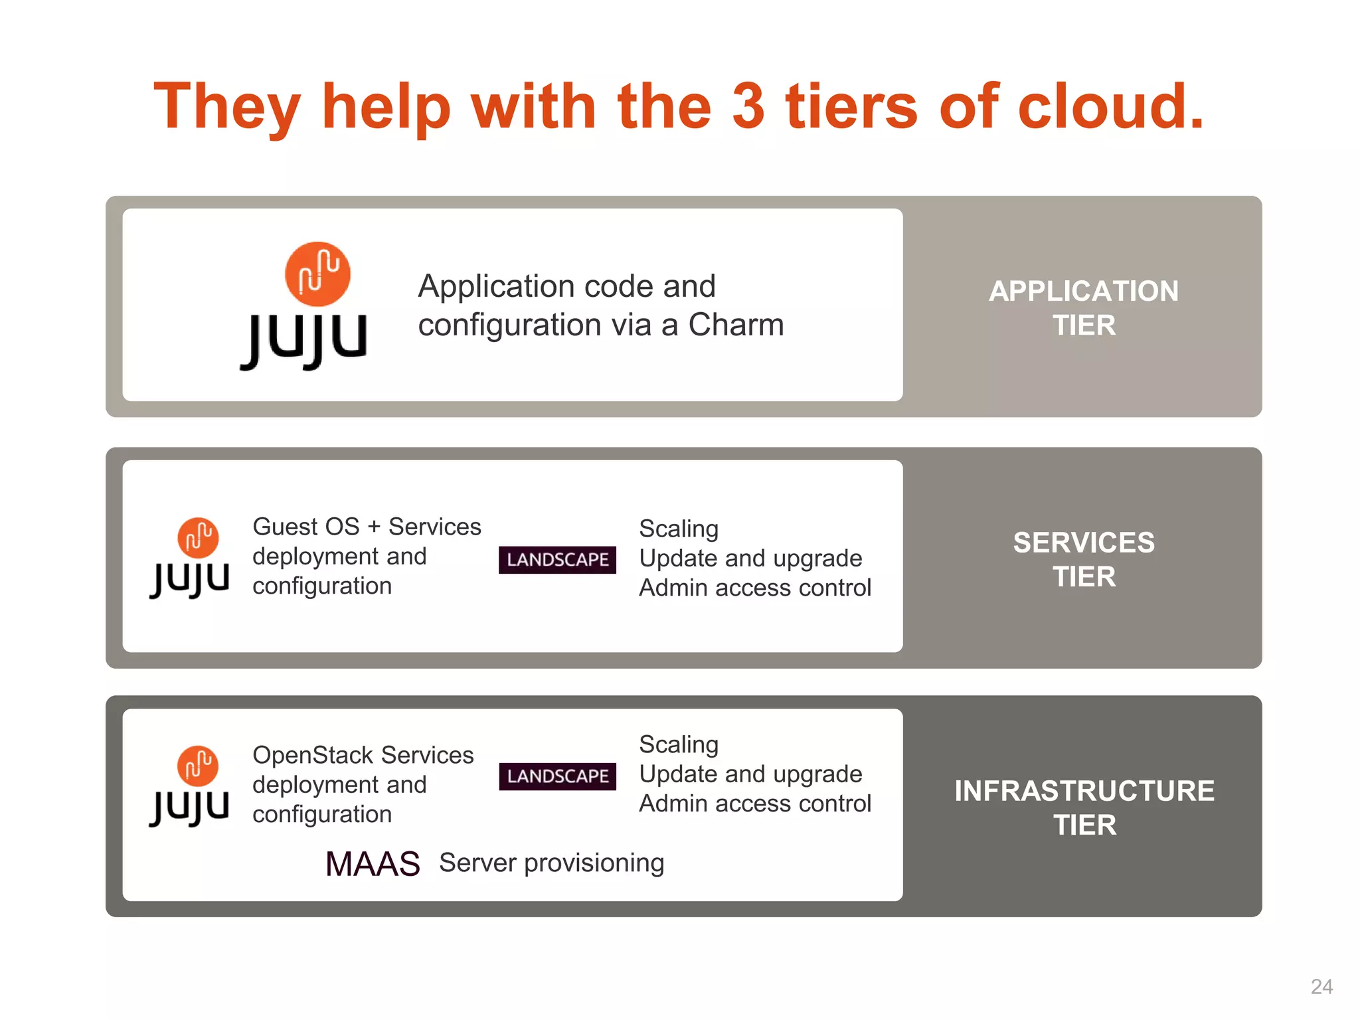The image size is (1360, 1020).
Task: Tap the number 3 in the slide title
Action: (748, 106)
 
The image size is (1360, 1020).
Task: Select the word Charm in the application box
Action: (736, 325)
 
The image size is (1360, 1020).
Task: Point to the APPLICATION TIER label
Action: (1084, 308)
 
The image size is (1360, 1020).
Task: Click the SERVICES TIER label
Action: (1084, 559)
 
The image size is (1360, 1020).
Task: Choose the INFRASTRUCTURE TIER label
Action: (1084, 807)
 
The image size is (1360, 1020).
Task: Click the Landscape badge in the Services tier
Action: (557, 560)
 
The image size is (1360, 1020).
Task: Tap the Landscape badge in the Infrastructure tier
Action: (557, 776)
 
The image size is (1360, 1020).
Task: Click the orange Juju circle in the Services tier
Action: (198, 537)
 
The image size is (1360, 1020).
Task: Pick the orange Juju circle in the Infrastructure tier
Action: (198, 766)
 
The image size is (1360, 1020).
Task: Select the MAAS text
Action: (373, 864)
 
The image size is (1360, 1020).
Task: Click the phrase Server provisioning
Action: (551, 863)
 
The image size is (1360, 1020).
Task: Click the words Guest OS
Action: (306, 527)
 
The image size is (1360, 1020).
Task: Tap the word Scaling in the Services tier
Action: (679, 529)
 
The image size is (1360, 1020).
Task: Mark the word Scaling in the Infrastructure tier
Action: (679, 744)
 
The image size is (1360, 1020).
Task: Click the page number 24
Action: (1321, 986)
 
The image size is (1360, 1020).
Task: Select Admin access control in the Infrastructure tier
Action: (755, 804)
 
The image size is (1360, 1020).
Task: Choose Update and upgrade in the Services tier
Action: (750, 558)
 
